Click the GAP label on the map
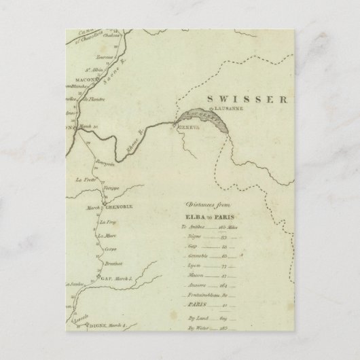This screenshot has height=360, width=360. coord(105,279)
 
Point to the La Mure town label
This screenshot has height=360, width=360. coord(106,236)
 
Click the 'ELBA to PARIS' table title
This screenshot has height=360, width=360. coord(207,215)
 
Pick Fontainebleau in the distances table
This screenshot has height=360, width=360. coord(201,296)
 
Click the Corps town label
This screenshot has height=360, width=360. coord(111,249)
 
